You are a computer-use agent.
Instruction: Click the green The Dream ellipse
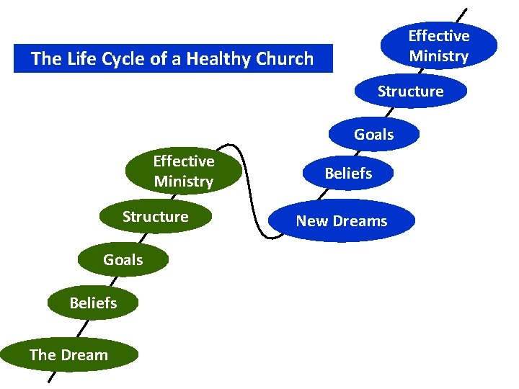[x=68, y=354]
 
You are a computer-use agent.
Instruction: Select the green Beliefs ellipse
[x=92, y=303]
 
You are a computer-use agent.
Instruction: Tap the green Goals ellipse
[x=123, y=259]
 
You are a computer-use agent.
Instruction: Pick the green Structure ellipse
[x=155, y=217]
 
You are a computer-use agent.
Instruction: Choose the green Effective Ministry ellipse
[x=183, y=171]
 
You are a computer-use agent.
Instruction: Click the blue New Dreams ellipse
[x=341, y=221]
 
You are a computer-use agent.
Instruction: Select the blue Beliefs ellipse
[x=348, y=173]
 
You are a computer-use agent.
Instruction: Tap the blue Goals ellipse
[x=373, y=135]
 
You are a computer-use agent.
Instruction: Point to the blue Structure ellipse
[x=410, y=91]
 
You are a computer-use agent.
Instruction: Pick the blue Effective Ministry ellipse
[x=438, y=45]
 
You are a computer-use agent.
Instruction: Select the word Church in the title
[x=286, y=59]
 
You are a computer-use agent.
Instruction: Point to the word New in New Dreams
[x=311, y=221]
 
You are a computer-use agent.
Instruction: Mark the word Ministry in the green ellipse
[x=183, y=182]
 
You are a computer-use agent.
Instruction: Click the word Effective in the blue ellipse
[x=438, y=36]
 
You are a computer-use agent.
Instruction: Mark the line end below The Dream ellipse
[x=49, y=380]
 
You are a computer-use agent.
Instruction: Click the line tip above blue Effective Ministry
[x=466, y=9]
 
